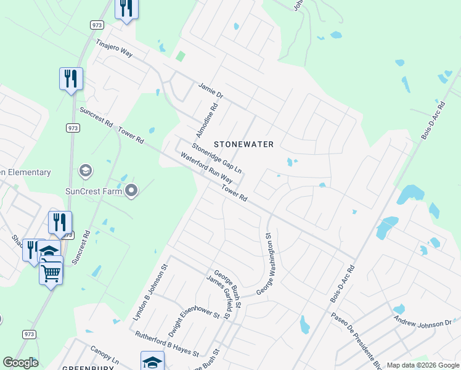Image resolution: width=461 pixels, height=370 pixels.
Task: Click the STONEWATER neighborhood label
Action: point(243,144)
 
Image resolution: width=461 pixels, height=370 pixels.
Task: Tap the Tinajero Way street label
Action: point(114,49)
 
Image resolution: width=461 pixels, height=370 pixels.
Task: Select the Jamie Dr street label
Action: point(210,91)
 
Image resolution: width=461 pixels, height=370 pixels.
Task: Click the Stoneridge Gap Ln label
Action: point(216,158)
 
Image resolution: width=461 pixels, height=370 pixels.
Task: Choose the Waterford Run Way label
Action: point(206,168)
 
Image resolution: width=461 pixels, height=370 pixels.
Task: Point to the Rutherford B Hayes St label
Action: point(166,344)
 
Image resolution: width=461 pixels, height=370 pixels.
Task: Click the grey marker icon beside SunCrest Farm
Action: point(131,191)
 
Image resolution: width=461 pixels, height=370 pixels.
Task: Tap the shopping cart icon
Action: point(51,271)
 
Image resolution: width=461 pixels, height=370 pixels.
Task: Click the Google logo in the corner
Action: point(20,363)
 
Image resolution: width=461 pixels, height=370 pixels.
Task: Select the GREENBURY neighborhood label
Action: point(86,368)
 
